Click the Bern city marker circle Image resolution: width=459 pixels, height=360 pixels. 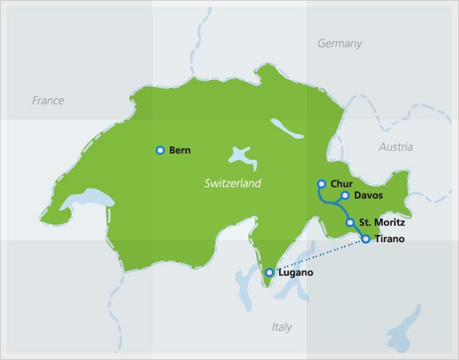tap(160, 150)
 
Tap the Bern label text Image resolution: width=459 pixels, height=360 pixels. tap(180, 151)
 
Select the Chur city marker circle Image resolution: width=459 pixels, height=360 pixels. tap(321, 184)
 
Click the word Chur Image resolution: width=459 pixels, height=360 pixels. tap(341, 184)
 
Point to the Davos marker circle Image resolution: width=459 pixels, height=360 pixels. tap(345, 195)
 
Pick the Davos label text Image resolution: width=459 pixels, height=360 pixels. tap(368, 196)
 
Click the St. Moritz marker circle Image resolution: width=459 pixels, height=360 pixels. tap(350, 223)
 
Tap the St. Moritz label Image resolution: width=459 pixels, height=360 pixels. tap(382, 223)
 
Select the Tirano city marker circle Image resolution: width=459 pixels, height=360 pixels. tap(365, 239)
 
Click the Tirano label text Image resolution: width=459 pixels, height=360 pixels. tap(389, 239)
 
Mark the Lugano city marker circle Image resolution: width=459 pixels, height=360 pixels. tap(269, 272)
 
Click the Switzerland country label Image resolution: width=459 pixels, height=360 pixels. tap(233, 184)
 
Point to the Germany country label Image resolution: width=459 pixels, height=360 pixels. tap(339, 44)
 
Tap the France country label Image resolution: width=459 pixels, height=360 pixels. tap(48, 101)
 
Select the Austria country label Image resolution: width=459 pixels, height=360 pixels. tap(395, 147)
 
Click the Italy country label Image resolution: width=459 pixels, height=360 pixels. tap(282, 327)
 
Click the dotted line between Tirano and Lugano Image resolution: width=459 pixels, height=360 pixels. tap(318, 256)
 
